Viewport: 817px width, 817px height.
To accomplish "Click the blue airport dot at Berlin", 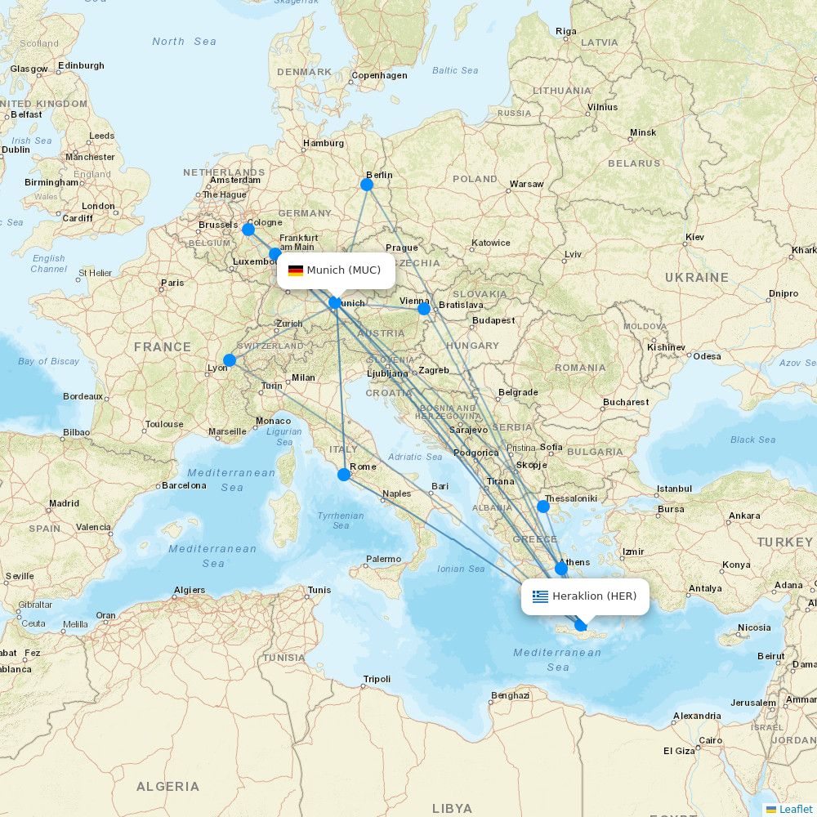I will point(367,185).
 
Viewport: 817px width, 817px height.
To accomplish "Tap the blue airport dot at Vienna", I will point(424,309).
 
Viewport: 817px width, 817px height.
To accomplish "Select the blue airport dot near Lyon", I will point(230,360).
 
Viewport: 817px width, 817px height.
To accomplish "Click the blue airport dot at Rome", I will point(344,475).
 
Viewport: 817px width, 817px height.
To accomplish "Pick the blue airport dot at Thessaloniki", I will point(543,507).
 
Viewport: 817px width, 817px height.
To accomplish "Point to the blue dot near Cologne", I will point(248,230).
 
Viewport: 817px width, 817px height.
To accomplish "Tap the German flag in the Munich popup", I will point(296,270).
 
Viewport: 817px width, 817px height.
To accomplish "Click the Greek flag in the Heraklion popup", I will point(540,596).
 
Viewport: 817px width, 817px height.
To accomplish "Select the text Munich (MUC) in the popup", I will point(344,270).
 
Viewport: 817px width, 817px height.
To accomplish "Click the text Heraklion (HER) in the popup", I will point(594,596).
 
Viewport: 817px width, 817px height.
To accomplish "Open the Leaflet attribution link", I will point(795,809).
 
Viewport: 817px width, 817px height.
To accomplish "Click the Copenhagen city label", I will point(379,76).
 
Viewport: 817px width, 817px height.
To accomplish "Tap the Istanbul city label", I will point(674,489).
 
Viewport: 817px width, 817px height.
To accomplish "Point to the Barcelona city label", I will point(184,485).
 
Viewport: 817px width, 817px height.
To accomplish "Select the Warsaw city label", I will point(526,184).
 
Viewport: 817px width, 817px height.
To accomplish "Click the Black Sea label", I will point(752,440).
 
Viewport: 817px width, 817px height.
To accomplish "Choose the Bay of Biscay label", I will point(49,361).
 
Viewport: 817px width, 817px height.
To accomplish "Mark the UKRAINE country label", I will point(696,278).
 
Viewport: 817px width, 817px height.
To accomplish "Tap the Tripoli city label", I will point(377,679).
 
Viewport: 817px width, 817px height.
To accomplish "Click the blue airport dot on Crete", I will point(581,625).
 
